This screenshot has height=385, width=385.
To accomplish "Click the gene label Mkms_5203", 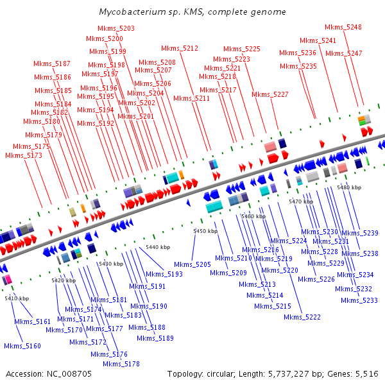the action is (116, 28).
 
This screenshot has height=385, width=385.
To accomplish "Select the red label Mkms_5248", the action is (343, 27).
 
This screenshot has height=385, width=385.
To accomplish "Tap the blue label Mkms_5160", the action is (22, 346).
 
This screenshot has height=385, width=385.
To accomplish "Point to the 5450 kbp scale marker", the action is (205, 231).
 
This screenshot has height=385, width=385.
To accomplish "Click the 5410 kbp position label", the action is (17, 298).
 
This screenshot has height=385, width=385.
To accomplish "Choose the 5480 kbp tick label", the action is (349, 187).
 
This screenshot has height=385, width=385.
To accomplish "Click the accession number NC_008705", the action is (69, 374).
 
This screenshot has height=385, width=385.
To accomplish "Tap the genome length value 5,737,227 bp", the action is (288, 374).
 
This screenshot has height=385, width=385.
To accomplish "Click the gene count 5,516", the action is (367, 374).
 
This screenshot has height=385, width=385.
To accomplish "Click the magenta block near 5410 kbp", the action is (8, 279).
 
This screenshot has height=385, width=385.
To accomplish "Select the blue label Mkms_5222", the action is (302, 317).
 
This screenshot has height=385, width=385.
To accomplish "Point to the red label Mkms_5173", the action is (24, 155).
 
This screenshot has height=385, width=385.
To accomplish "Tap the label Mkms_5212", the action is (180, 48).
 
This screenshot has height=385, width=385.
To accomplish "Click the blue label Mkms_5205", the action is (193, 264).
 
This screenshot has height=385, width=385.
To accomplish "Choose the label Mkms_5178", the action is (121, 364).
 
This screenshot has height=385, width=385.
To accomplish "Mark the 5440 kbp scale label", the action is (158, 247).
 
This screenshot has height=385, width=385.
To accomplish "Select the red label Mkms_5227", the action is (270, 94).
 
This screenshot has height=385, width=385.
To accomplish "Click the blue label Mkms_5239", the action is (360, 233).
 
